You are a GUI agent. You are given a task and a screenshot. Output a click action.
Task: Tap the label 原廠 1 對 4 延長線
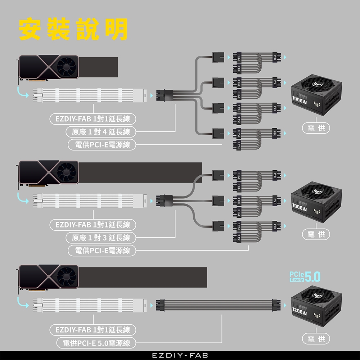[x=101, y=132]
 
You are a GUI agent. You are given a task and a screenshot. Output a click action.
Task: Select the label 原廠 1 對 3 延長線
[x=101, y=238]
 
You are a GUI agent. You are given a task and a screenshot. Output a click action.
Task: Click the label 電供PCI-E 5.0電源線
[x=96, y=343]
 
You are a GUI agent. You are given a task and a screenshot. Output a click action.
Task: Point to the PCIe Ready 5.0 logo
[x=305, y=276]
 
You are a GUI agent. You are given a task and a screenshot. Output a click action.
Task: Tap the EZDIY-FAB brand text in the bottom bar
[x=180, y=355]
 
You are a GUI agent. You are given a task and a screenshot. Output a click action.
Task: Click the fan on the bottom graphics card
[x=68, y=276]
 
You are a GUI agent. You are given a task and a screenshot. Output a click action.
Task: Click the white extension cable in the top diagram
[x=90, y=95]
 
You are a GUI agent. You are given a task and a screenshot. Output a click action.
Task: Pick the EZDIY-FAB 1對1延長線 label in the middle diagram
[x=93, y=225]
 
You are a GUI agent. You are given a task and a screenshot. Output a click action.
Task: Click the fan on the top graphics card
[x=68, y=66]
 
